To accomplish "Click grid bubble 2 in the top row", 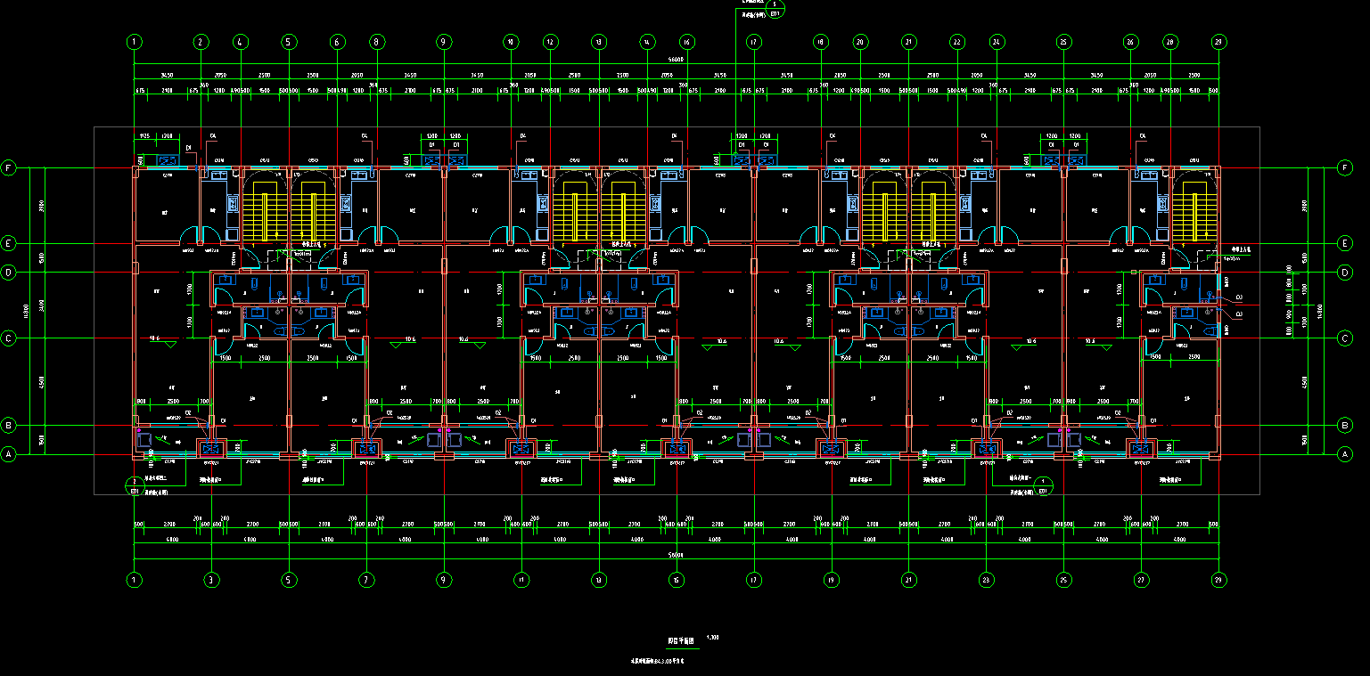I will point(201,42).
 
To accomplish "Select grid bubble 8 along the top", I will point(377,42).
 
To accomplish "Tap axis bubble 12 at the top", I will point(551,42).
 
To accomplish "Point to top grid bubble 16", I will point(686,42).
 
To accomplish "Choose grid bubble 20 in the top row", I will point(860,42).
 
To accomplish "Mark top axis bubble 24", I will point(997,42).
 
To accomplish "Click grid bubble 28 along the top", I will point(1170,42).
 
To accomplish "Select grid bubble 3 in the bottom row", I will point(211,580).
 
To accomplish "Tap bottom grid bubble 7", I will point(366,580).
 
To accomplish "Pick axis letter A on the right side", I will point(1345,454).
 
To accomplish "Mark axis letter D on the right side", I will point(1345,272).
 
